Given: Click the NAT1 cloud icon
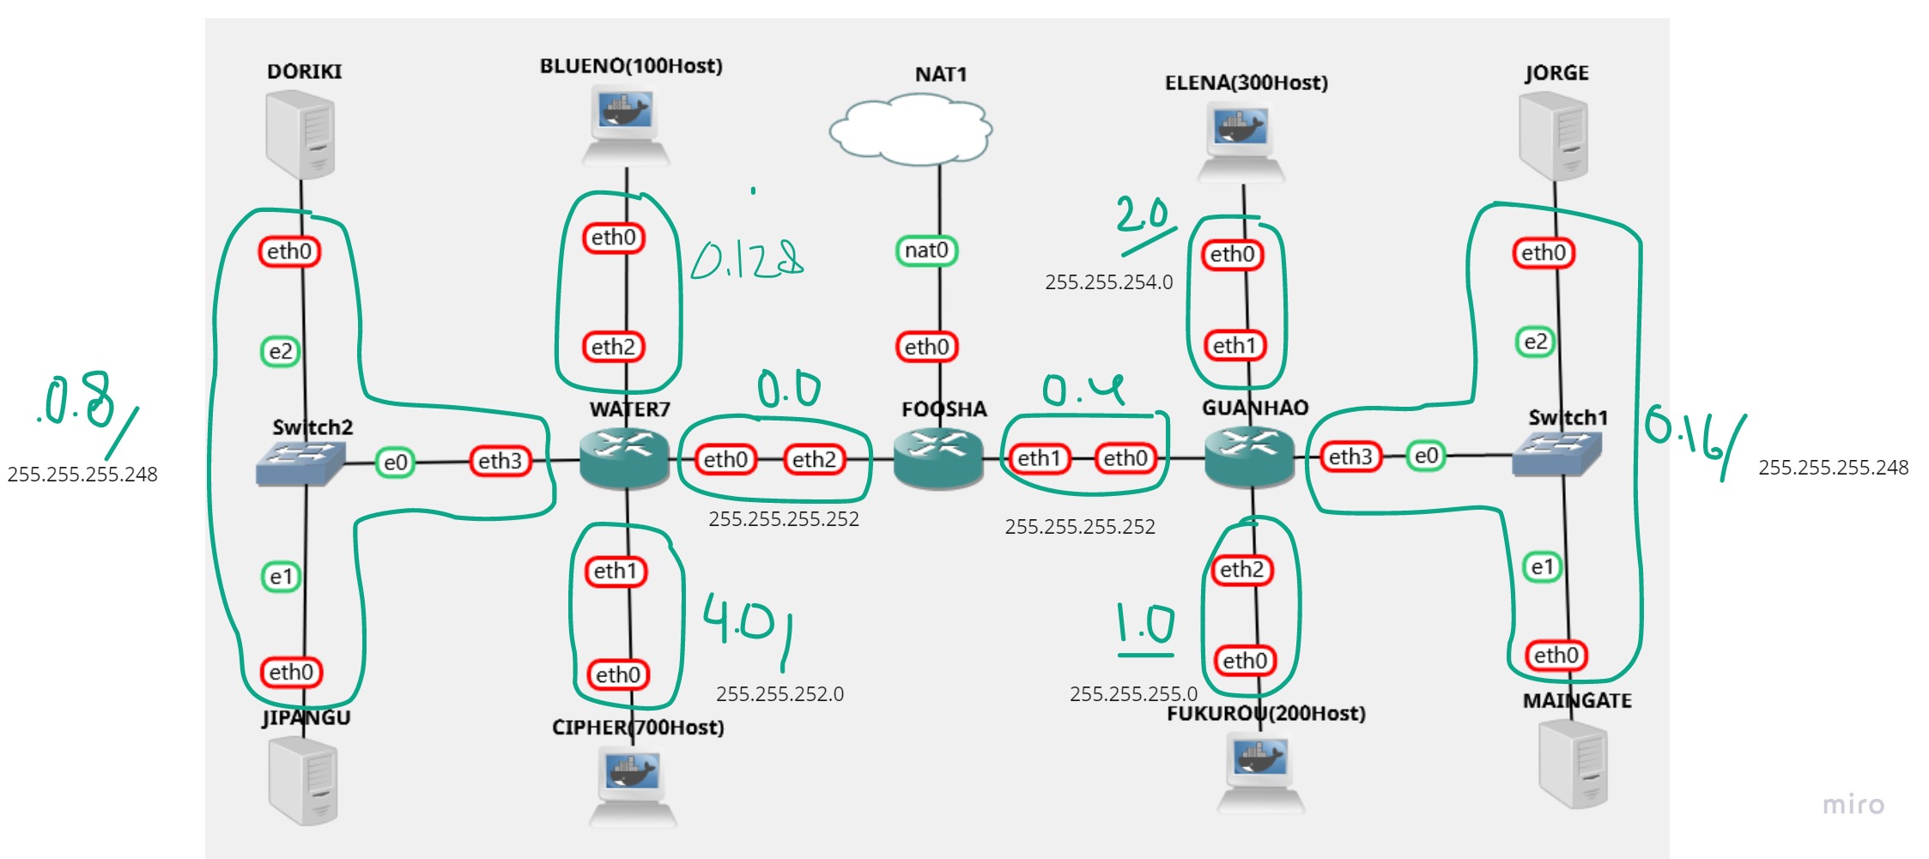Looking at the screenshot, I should (x=910, y=130).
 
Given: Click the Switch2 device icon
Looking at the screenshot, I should (x=300, y=463).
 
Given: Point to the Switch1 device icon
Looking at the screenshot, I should (x=1556, y=453).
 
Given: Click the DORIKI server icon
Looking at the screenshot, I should (x=300, y=136).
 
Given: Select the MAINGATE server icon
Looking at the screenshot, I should (x=1573, y=764).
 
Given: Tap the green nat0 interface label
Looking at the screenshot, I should (x=926, y=251).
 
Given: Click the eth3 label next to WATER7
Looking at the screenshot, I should (x=500, y=461).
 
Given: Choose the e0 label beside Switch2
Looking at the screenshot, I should (x=395, y=463).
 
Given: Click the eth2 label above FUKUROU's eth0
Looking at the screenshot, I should (x=1241, y=569).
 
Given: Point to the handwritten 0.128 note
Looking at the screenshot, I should (x=747, y=259).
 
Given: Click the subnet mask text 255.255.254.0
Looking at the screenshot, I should (x=1108, y=282).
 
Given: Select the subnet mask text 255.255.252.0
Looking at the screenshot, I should (x=779, y=693).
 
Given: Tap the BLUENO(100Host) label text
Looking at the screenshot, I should (x=631, y=66).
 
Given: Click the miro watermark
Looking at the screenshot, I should (x=1853, y=804).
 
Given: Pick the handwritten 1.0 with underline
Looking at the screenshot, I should (x=1145, y=626).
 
